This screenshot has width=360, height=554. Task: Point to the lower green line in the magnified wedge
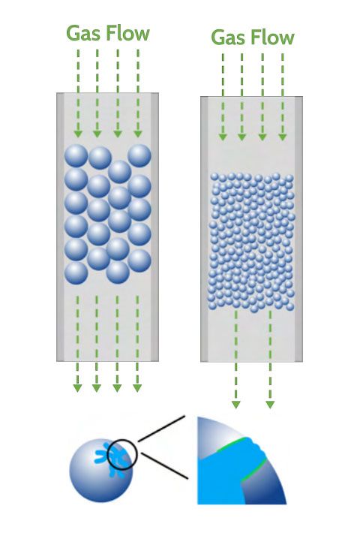tap(253, 470)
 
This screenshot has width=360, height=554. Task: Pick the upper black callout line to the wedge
tap(161, 429)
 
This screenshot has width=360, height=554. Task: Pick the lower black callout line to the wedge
tap(164, 465)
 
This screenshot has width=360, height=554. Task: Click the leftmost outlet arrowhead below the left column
tap(78, 388)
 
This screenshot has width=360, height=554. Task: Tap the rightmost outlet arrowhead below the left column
tap(137, 388)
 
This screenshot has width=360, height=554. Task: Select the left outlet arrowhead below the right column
tap(235, 405)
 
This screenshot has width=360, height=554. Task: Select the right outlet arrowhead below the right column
tap(270, 405)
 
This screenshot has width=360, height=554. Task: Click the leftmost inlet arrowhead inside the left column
tap(78, 134)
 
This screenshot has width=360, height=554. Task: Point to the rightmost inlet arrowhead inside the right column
tap(282, 137)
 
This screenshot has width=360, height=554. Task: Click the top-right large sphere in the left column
tap(139, 156)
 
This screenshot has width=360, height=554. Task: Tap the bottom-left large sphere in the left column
tap(76, 272)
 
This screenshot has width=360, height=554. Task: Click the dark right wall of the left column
tap(154, 227)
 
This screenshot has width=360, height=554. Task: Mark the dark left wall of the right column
tap(204, 229)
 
